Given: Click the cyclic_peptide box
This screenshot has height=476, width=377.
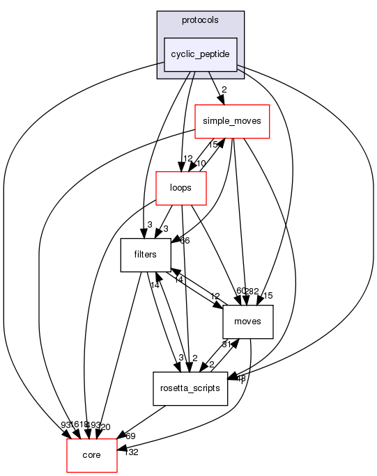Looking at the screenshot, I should pos(201,54).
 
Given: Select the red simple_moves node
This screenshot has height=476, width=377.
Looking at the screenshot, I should pos(231,120).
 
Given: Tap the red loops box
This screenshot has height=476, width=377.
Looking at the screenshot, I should pos(181,187).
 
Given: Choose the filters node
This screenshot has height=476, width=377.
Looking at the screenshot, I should pos(146,254).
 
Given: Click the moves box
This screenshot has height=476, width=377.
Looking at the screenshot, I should pos(247,321).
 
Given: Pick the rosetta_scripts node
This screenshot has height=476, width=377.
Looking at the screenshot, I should pos(190,388).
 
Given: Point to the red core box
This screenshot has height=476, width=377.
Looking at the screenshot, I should pos(91,454).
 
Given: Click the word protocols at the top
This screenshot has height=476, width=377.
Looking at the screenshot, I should pos(201,20).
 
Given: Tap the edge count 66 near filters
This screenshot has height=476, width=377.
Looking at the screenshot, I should pos(185,241).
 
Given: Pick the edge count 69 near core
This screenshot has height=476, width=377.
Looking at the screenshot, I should pos(129,435).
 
